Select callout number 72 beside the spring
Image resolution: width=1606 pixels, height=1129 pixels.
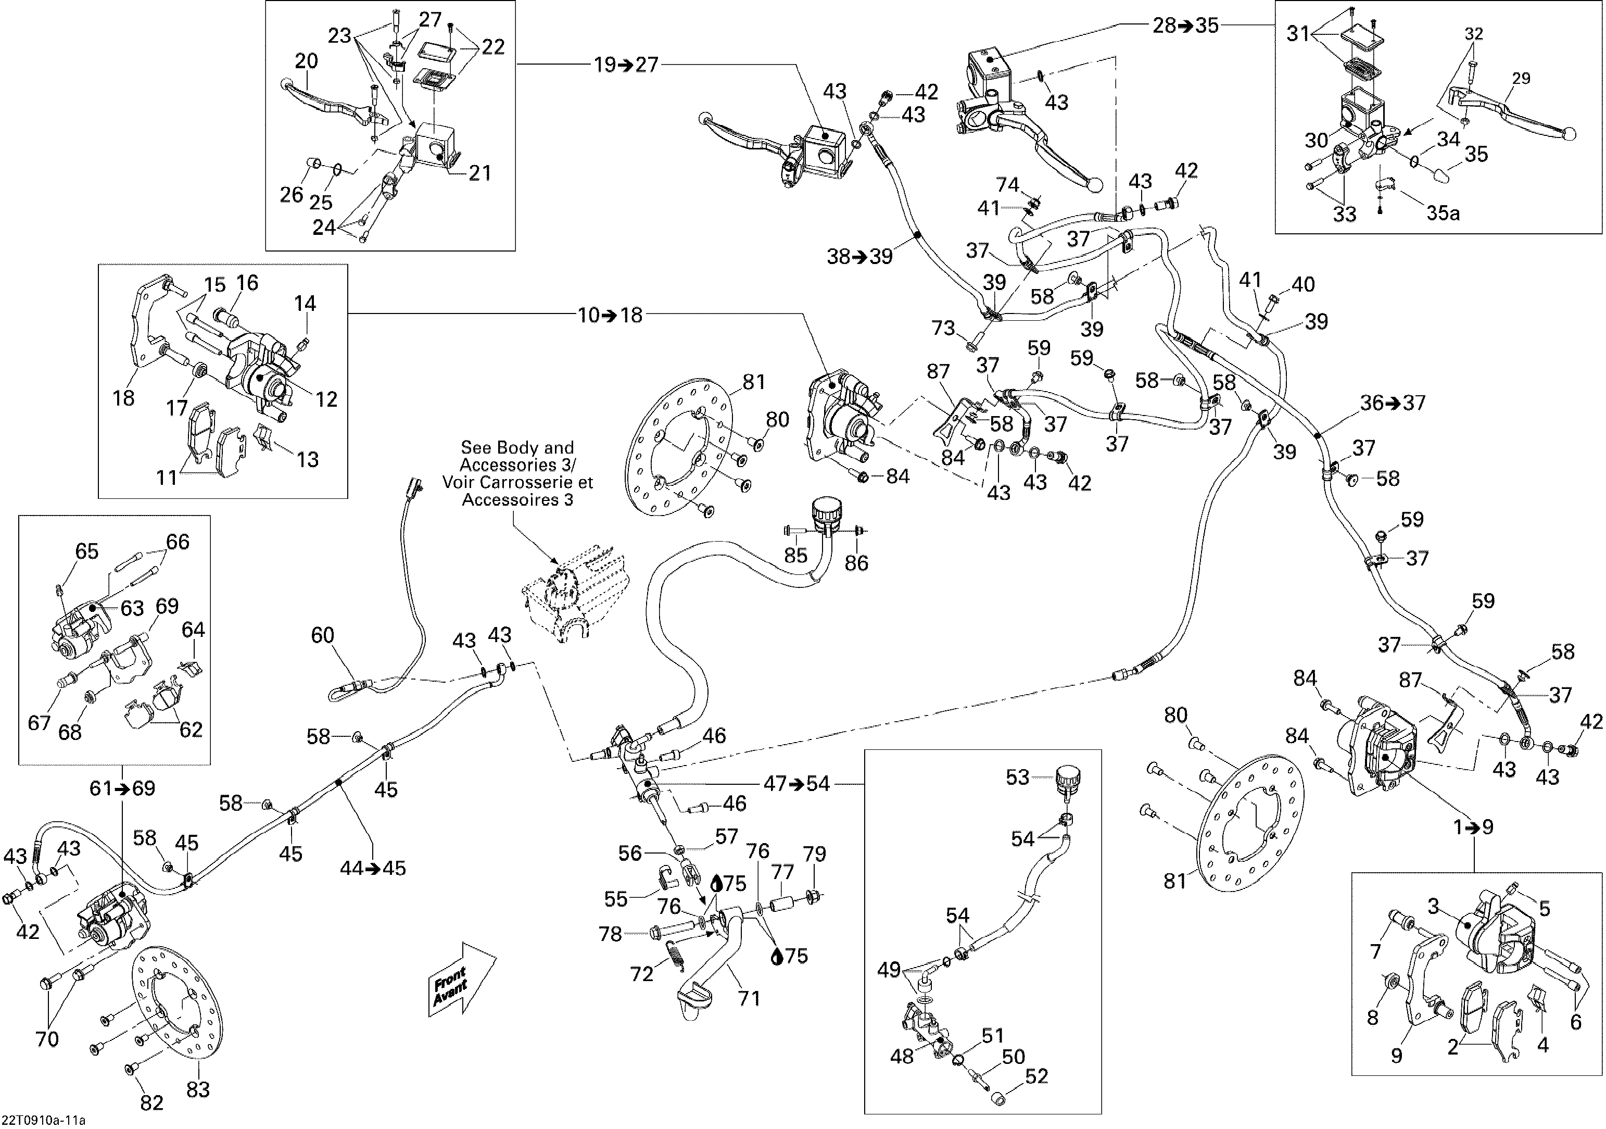[642, 974]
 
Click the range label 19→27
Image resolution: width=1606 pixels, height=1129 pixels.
[626, 65]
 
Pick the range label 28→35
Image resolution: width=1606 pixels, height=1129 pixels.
[1185, 26]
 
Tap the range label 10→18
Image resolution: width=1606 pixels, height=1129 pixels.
[610, 316]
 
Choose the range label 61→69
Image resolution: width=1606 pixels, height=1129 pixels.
[122, 788]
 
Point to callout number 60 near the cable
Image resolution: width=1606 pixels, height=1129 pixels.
[322, 635]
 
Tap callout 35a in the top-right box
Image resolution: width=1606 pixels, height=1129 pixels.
[1443, 212]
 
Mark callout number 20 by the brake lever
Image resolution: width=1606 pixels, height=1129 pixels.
[307, 61]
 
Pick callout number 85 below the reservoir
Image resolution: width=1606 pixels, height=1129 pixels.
[796, 556]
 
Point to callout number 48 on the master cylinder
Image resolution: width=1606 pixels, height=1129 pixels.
[902, 1056]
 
